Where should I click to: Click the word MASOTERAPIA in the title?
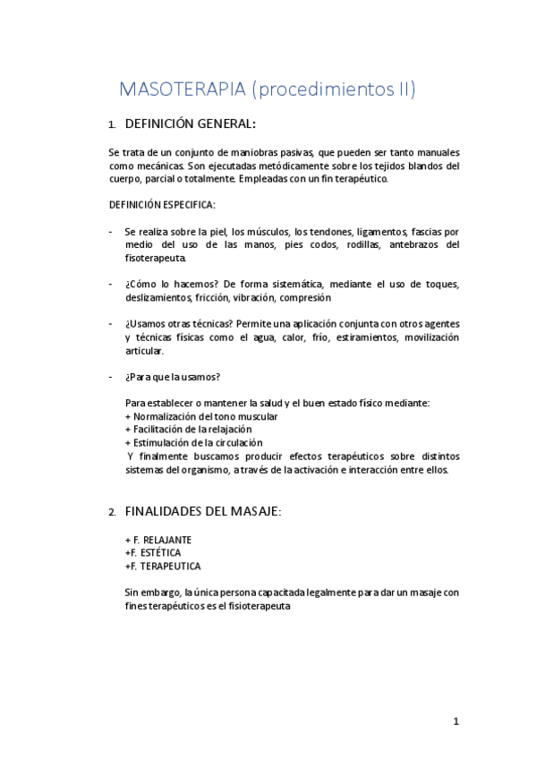tap(183, 89)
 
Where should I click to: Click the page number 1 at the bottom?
tap(455, 721)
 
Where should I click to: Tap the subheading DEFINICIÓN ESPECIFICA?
tap(162, 205)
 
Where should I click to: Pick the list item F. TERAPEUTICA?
tap(166, 567)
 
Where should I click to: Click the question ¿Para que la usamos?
tap(173, 376)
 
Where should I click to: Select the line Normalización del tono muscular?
tap(206, 416)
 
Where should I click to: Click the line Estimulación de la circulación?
tap(198, 442)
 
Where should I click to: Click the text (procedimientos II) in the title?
tap(334, 89)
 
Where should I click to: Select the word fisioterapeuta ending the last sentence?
tap(259, 605)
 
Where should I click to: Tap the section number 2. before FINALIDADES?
tap(112, 513)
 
